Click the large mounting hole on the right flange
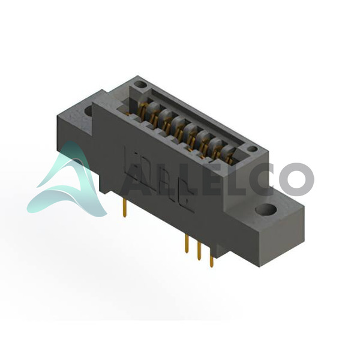266,209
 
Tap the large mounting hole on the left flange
88,111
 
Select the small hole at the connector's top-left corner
140,85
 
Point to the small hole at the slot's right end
253,149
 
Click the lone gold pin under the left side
124,208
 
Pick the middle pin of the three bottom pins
199,251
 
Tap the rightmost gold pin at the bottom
211,258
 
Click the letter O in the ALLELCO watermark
296,179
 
